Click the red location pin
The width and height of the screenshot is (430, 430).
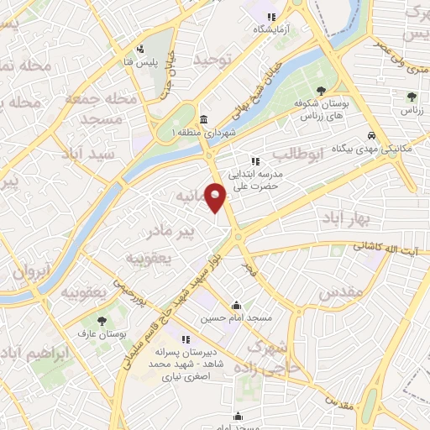[217, 197]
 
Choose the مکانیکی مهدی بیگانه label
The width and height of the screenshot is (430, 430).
[397, 148]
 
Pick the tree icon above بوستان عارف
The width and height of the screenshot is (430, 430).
[102, 321]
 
